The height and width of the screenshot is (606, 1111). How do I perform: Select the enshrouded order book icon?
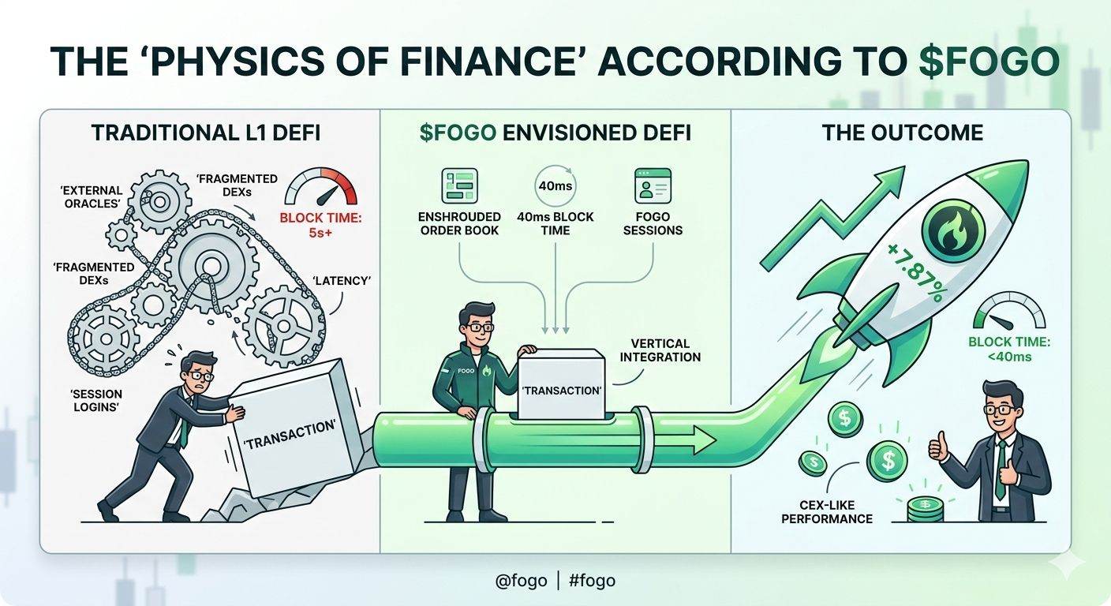tap(460, 187)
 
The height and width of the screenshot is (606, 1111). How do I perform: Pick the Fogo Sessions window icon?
tap(653, 187)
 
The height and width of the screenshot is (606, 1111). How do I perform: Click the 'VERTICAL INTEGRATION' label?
tap(660, 350)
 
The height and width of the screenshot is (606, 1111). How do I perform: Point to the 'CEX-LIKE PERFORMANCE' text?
tap(827, 511)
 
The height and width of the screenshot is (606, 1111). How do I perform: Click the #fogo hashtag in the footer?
tap(591, 581)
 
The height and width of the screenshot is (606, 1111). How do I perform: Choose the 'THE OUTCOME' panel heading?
tap(902, 132)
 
